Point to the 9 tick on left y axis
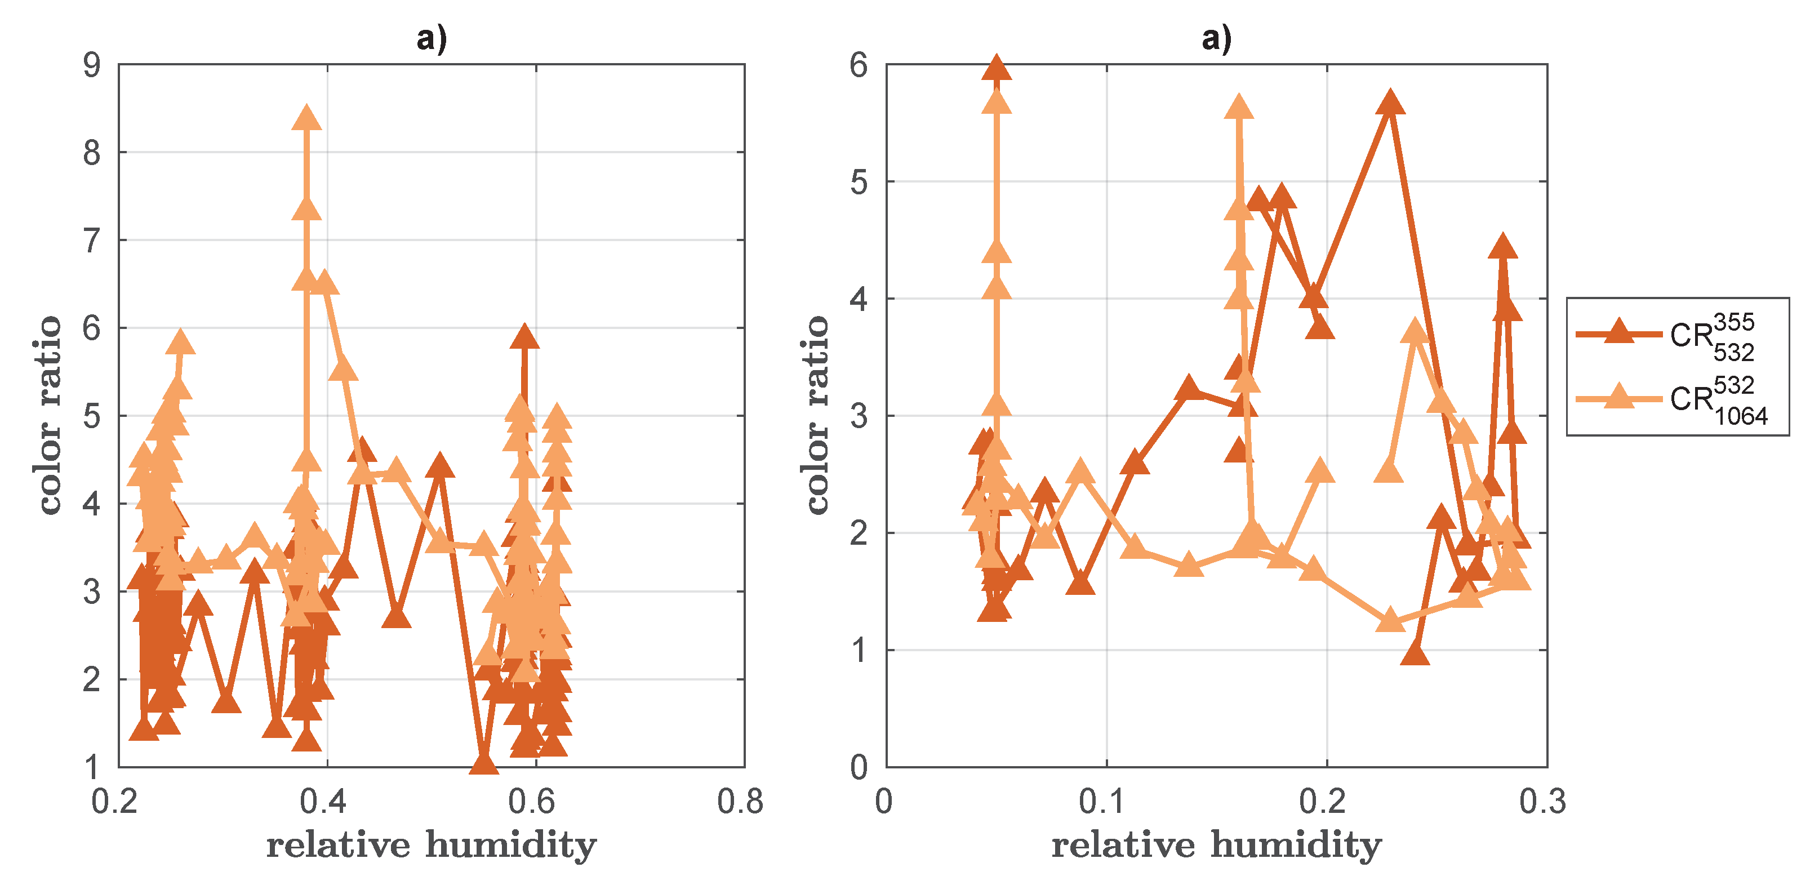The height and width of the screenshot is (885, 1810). pos(92,65)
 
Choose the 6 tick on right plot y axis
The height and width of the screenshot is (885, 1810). pos(859,65)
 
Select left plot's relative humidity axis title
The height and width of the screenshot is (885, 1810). pos(432,845)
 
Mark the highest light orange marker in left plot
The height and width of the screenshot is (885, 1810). pos(306,118)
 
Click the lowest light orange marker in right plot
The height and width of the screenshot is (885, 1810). pos(1389,621)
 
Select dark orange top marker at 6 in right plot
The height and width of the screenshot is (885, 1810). pos(997,68)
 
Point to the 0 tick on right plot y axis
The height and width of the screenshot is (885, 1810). pos(859,768)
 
